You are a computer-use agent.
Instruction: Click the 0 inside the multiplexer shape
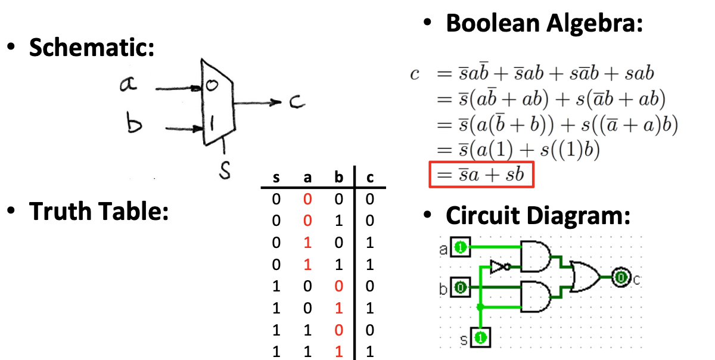211,86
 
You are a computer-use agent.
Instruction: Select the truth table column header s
276,178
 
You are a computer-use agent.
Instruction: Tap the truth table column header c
369,178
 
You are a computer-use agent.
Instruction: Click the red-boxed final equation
481,175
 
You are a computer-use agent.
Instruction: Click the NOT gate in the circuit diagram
499,266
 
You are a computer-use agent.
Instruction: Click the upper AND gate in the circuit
535,256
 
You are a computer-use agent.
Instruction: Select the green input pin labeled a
460,247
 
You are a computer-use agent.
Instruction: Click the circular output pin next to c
621,277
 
